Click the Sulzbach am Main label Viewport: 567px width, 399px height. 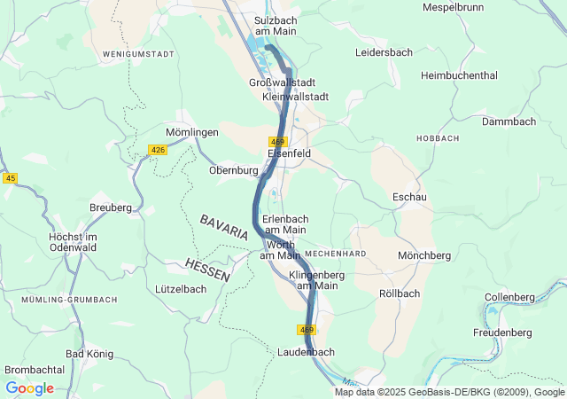[x=275, y=25]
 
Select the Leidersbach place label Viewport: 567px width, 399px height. [x=384, y=52]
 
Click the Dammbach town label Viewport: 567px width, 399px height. [x=509, y=121]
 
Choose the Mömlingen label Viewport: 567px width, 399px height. [x=192, y=132]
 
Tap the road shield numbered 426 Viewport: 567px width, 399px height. [x=159, y=150]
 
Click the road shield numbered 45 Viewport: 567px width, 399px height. [x=10, y=178]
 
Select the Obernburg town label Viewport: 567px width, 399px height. [x=233, y=170]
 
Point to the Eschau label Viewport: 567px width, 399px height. [x=409, y=197]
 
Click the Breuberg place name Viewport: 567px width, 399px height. [x=110, y=207]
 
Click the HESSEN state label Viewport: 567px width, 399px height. [x=208, y=270]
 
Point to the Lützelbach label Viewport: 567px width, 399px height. [x=180, y=289]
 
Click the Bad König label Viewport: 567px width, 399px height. [x=89, y=354]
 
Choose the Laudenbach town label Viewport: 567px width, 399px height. [x=306, y=352]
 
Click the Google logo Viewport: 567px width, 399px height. [x=29, y=388]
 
